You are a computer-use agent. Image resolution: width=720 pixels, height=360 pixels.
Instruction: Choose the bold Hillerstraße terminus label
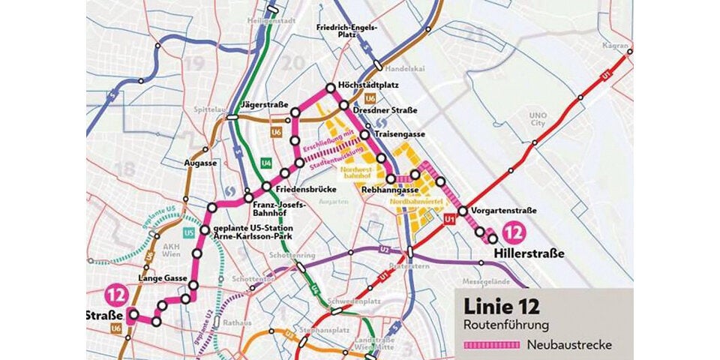529,255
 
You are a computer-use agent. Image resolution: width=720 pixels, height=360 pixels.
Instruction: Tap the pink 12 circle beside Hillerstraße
514,232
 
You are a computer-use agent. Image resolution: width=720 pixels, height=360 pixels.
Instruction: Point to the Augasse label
200,162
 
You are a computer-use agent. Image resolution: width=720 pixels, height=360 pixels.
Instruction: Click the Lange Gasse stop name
161,278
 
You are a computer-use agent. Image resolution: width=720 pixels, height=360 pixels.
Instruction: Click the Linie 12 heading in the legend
502,306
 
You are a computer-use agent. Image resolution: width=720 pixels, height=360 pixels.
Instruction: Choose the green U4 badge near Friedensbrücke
265,163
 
